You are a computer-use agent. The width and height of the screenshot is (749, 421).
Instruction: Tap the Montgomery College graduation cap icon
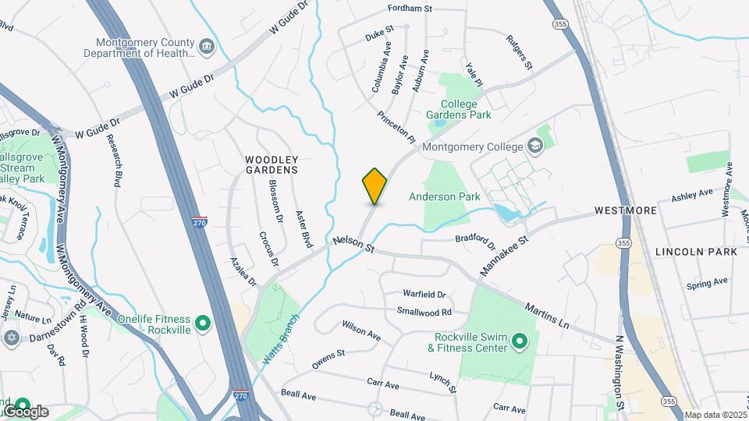point(535,146)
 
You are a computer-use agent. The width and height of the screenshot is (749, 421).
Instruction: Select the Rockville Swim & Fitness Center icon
point(520,341)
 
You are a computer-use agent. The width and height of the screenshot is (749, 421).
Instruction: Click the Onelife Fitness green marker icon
point(203,322)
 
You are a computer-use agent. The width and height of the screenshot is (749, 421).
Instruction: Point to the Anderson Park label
point(444,197)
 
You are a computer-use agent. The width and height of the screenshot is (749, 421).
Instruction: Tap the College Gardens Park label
point(458,109)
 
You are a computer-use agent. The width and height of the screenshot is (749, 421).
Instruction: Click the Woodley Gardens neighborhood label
point(272,164)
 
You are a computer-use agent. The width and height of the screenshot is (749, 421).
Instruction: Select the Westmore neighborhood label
point(625,210)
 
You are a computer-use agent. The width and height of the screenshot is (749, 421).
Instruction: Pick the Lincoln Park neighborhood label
point(696,252)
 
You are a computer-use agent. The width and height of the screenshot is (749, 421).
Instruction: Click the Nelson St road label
point(354,244)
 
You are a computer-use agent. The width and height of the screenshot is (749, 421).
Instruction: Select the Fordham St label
point(410,9)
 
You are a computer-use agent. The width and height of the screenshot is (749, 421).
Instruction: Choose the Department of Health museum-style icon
point(207,46)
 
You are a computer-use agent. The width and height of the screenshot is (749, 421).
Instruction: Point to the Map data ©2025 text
point(715,416)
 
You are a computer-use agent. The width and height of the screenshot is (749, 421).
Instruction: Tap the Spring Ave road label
point(707,281)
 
